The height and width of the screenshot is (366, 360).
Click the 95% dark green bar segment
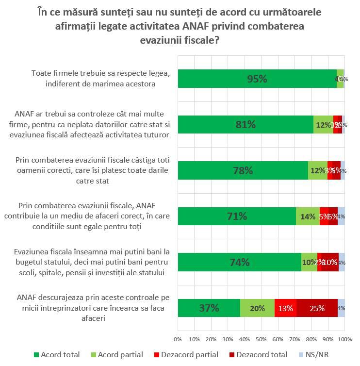[257, 79]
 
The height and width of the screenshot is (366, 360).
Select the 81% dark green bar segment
[245, 125]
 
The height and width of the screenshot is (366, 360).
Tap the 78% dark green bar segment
[243, 171]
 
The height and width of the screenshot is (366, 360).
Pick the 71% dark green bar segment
[237, 216]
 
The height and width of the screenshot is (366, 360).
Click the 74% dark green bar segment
[239, 262]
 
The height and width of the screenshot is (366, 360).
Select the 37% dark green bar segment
[209, 308]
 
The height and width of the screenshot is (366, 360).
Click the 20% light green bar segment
[257, 308]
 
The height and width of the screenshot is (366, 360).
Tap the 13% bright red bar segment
[285, 308]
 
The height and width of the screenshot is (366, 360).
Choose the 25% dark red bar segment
[317, 308]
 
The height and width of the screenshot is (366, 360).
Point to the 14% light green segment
[308, 216]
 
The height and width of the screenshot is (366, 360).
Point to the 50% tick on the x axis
[262, 338]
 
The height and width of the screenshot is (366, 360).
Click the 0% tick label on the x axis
[178, 338]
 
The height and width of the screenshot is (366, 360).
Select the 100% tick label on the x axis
[344, 338]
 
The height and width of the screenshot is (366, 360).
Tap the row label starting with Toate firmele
[101, 78]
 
